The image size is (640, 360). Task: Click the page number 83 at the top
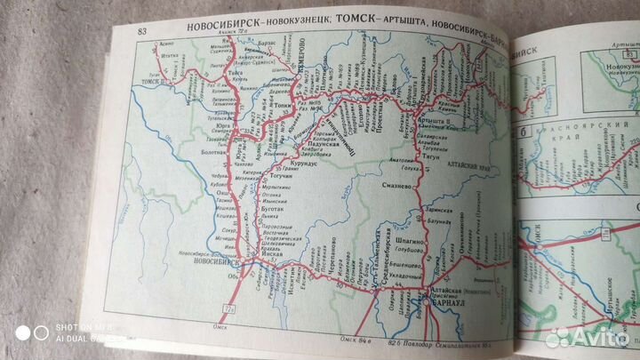pos(142,33)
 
